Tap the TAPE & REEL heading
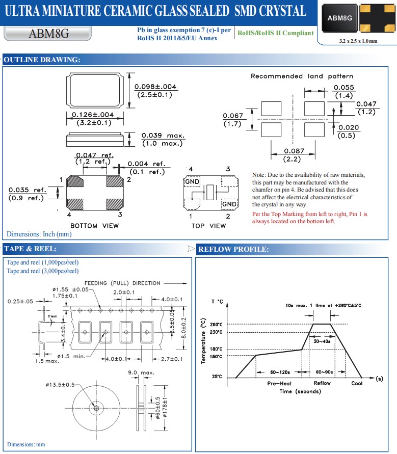coord(30,249)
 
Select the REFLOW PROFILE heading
coord(233,249)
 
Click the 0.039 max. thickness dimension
coord(163,136)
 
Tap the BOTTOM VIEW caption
coord(94,226)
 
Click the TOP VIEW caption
coord(208,226)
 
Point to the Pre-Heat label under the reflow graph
coord(279,383)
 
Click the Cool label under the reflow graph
coord(357,383)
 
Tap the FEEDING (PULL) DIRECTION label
coord(122,283)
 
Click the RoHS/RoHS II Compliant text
coord(276,33)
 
